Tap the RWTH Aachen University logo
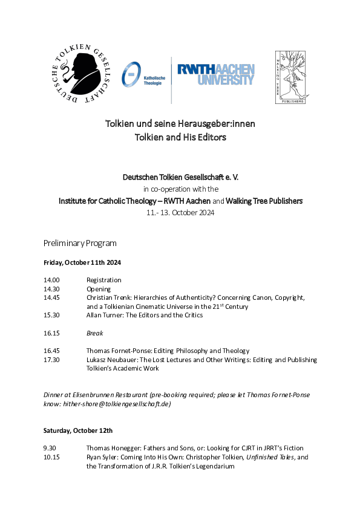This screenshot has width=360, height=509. pyautogui.click(x=216, y=74)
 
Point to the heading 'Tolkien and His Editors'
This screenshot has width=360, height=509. pyautogui.click(x=180, y=137)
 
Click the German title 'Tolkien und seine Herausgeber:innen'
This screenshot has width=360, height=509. pyautogui.click(x=180, y=124)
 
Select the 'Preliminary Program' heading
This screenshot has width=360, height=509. pyautogui.click(x=80, y=243)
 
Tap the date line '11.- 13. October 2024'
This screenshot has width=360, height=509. pyautogui.click(x=180, y=213)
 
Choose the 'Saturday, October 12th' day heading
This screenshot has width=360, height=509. pyautogui.click(x=77, y=430)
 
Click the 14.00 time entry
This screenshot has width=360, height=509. pyautogui.click(x=51, y=280)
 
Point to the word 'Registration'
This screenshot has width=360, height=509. pyautogui.click(x=103, y=280)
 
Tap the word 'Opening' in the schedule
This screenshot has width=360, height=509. pyautogui.click(x=99, y=289)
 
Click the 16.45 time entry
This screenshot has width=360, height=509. pyautogui.click(x=51, y=351)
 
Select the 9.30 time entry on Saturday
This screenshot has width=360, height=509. pyautogui.click(x=50, y=448)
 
